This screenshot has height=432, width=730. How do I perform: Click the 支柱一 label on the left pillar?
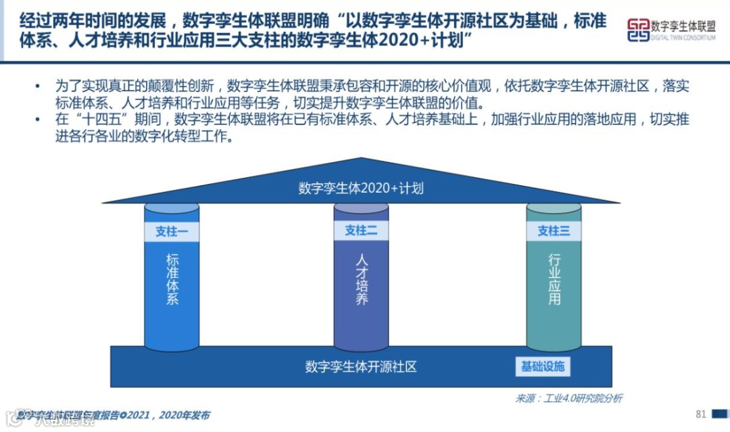click(171, 231)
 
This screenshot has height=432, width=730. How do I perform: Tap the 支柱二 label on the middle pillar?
click(361, 231)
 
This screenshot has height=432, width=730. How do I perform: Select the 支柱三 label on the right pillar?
click(554, 231)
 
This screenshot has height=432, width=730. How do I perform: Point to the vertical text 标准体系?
click(172, 279)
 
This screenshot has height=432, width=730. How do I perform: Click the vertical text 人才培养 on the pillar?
click(362, 279)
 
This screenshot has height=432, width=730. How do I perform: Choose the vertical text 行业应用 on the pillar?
click(554, 279)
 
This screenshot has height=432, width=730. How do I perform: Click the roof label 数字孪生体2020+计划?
click(361, 188)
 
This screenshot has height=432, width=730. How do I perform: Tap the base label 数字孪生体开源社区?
click(361, 367)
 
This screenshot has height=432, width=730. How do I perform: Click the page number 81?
click(700, 414)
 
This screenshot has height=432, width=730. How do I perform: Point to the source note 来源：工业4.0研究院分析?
click(568, 398)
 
